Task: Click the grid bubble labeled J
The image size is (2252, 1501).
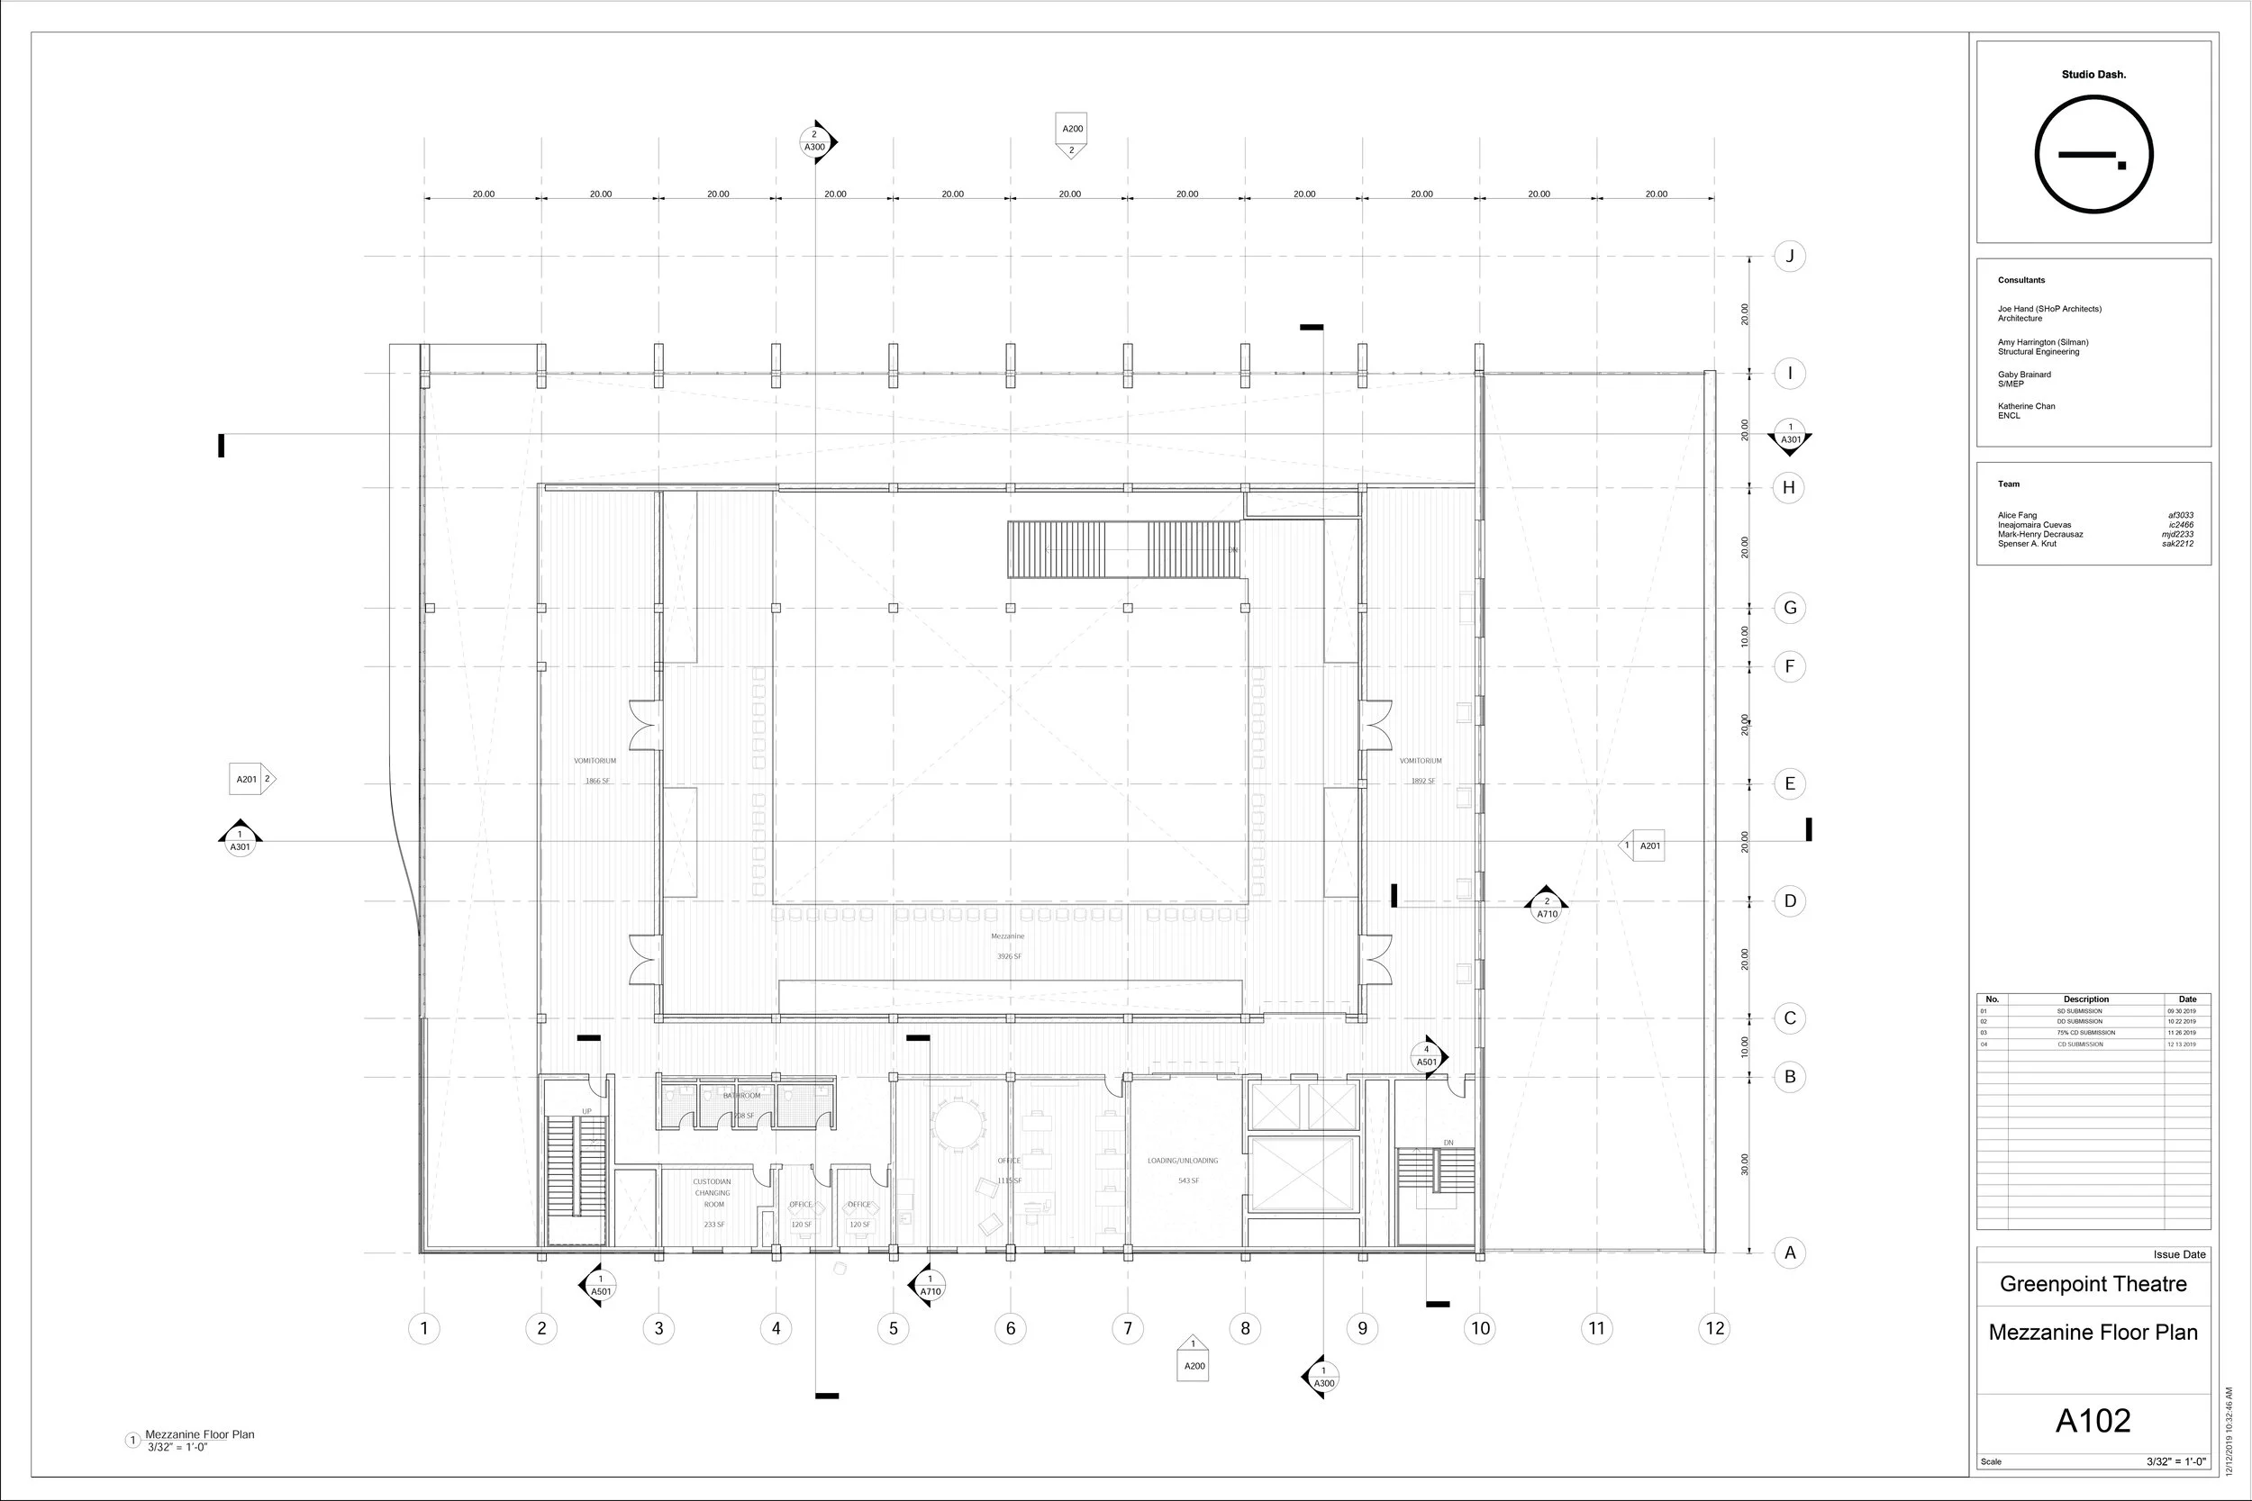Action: [1789, 257]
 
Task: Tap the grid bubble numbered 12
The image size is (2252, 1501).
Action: [1714, 1328]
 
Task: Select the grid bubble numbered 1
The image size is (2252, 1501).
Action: [424, 1328]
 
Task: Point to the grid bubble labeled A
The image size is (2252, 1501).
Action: [1789, 1252]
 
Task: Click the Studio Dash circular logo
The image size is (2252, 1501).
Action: [2093, 155]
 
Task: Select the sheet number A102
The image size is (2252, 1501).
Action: [2093, 1421]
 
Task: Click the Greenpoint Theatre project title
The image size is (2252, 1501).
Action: [2093, 1284]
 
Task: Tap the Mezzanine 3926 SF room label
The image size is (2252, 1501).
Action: [1008, 945]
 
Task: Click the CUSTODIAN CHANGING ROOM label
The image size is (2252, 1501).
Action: [713, 1194]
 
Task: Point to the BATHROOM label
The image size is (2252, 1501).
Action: [742, 1096]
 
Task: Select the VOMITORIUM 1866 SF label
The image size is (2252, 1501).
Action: [595, 771]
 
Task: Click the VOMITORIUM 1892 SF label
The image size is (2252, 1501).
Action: [1421, 771]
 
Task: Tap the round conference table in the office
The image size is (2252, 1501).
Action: [958, 1125]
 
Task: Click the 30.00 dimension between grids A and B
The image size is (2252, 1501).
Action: [1745, 1164]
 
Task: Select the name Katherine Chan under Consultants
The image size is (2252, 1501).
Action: [2026, 406]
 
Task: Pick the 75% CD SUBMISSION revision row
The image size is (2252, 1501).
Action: [2085, 1033]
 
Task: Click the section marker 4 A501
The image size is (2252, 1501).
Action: [1427, 1057]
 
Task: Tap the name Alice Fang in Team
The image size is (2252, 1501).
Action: [2018, 515]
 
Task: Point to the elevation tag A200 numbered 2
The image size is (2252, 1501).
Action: [1072, 136]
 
